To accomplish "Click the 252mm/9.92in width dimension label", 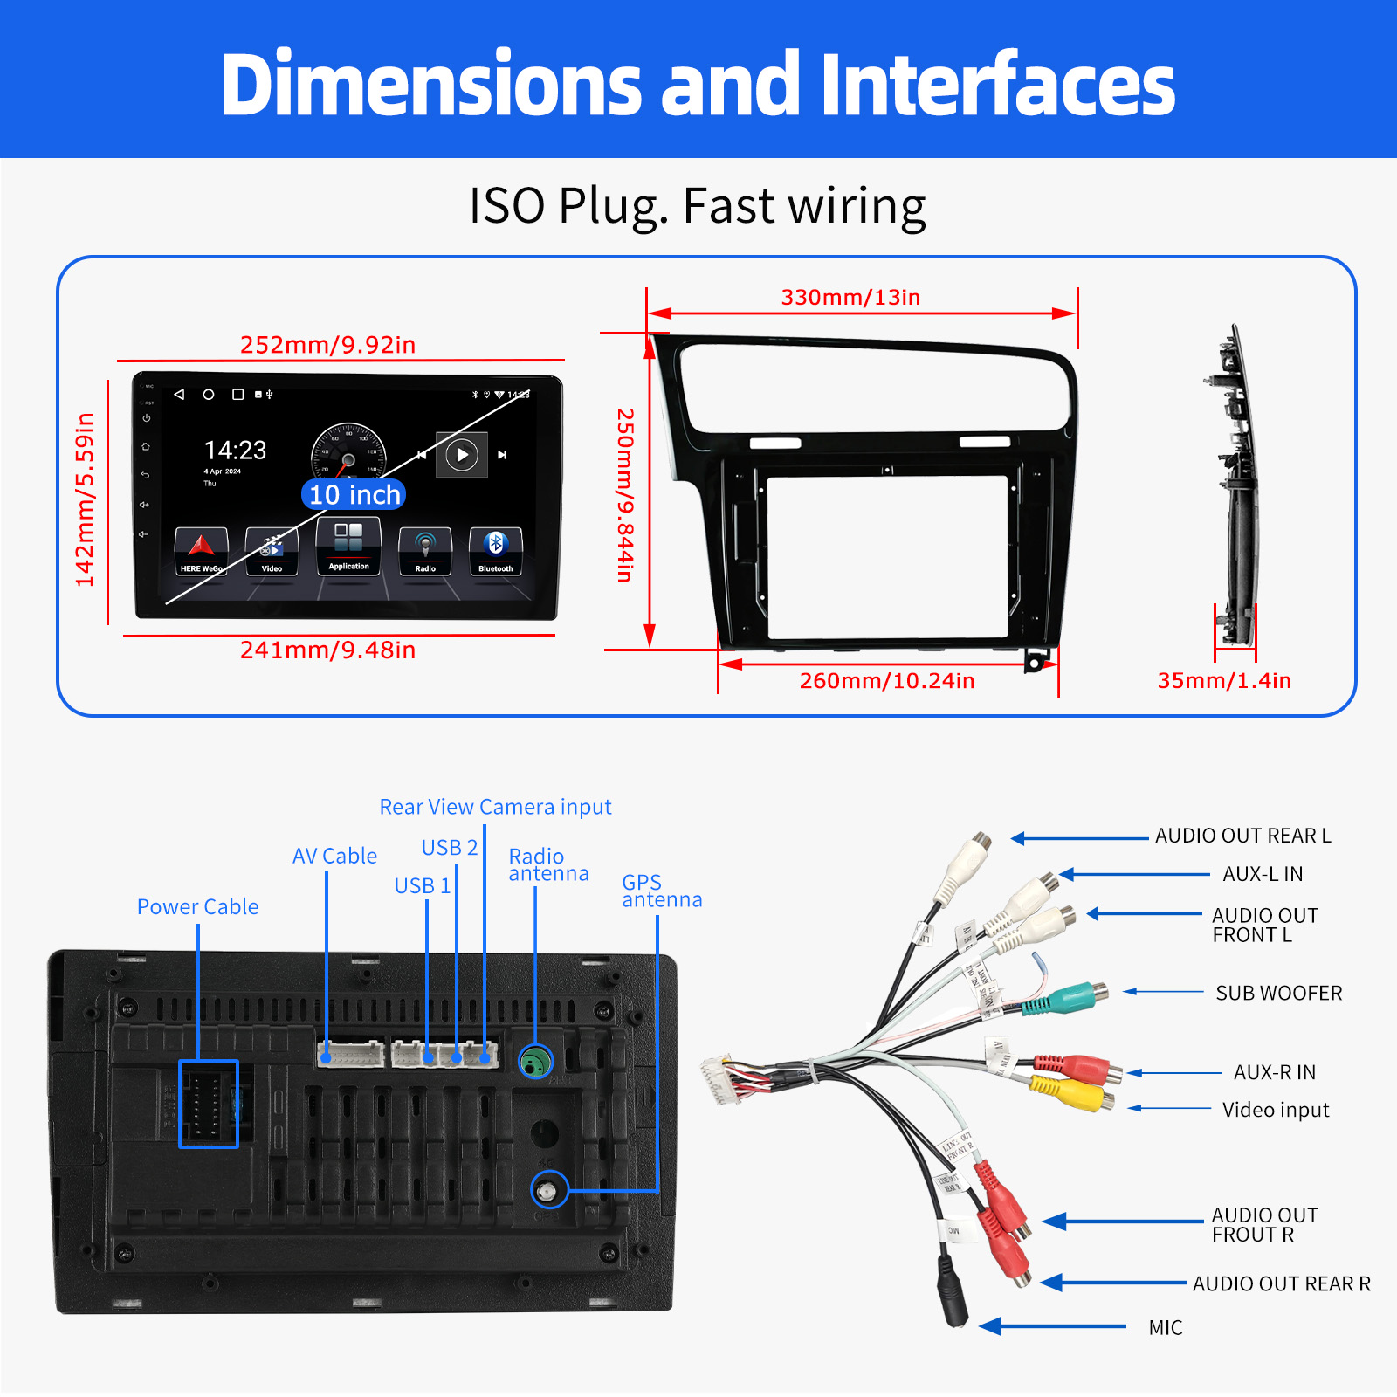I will (x=327, y=345).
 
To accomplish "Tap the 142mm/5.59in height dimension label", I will (x=85, y=499).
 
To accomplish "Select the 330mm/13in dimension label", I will (x=850, y=298).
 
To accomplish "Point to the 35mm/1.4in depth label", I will (x=1223, y=681).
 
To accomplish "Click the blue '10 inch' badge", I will (x=354, y=495).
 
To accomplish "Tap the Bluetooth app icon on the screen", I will (x=495, y=551).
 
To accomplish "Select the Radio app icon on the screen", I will (x=425, y=551).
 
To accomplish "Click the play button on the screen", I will (x=462, y=455).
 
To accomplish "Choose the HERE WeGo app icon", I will (x=201, y=551).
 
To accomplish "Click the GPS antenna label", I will (x=661, y=891).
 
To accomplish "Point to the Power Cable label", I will (x=197, y=907).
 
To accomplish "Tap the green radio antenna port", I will (x=535, y=1062).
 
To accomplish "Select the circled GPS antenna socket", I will (x=548, y=1191).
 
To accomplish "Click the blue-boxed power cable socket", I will (x=209, y=1104).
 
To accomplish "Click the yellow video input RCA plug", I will (x=1070, y=1091).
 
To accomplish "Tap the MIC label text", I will (x=1165, y=1328).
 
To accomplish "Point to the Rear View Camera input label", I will (x=495, y=807).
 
